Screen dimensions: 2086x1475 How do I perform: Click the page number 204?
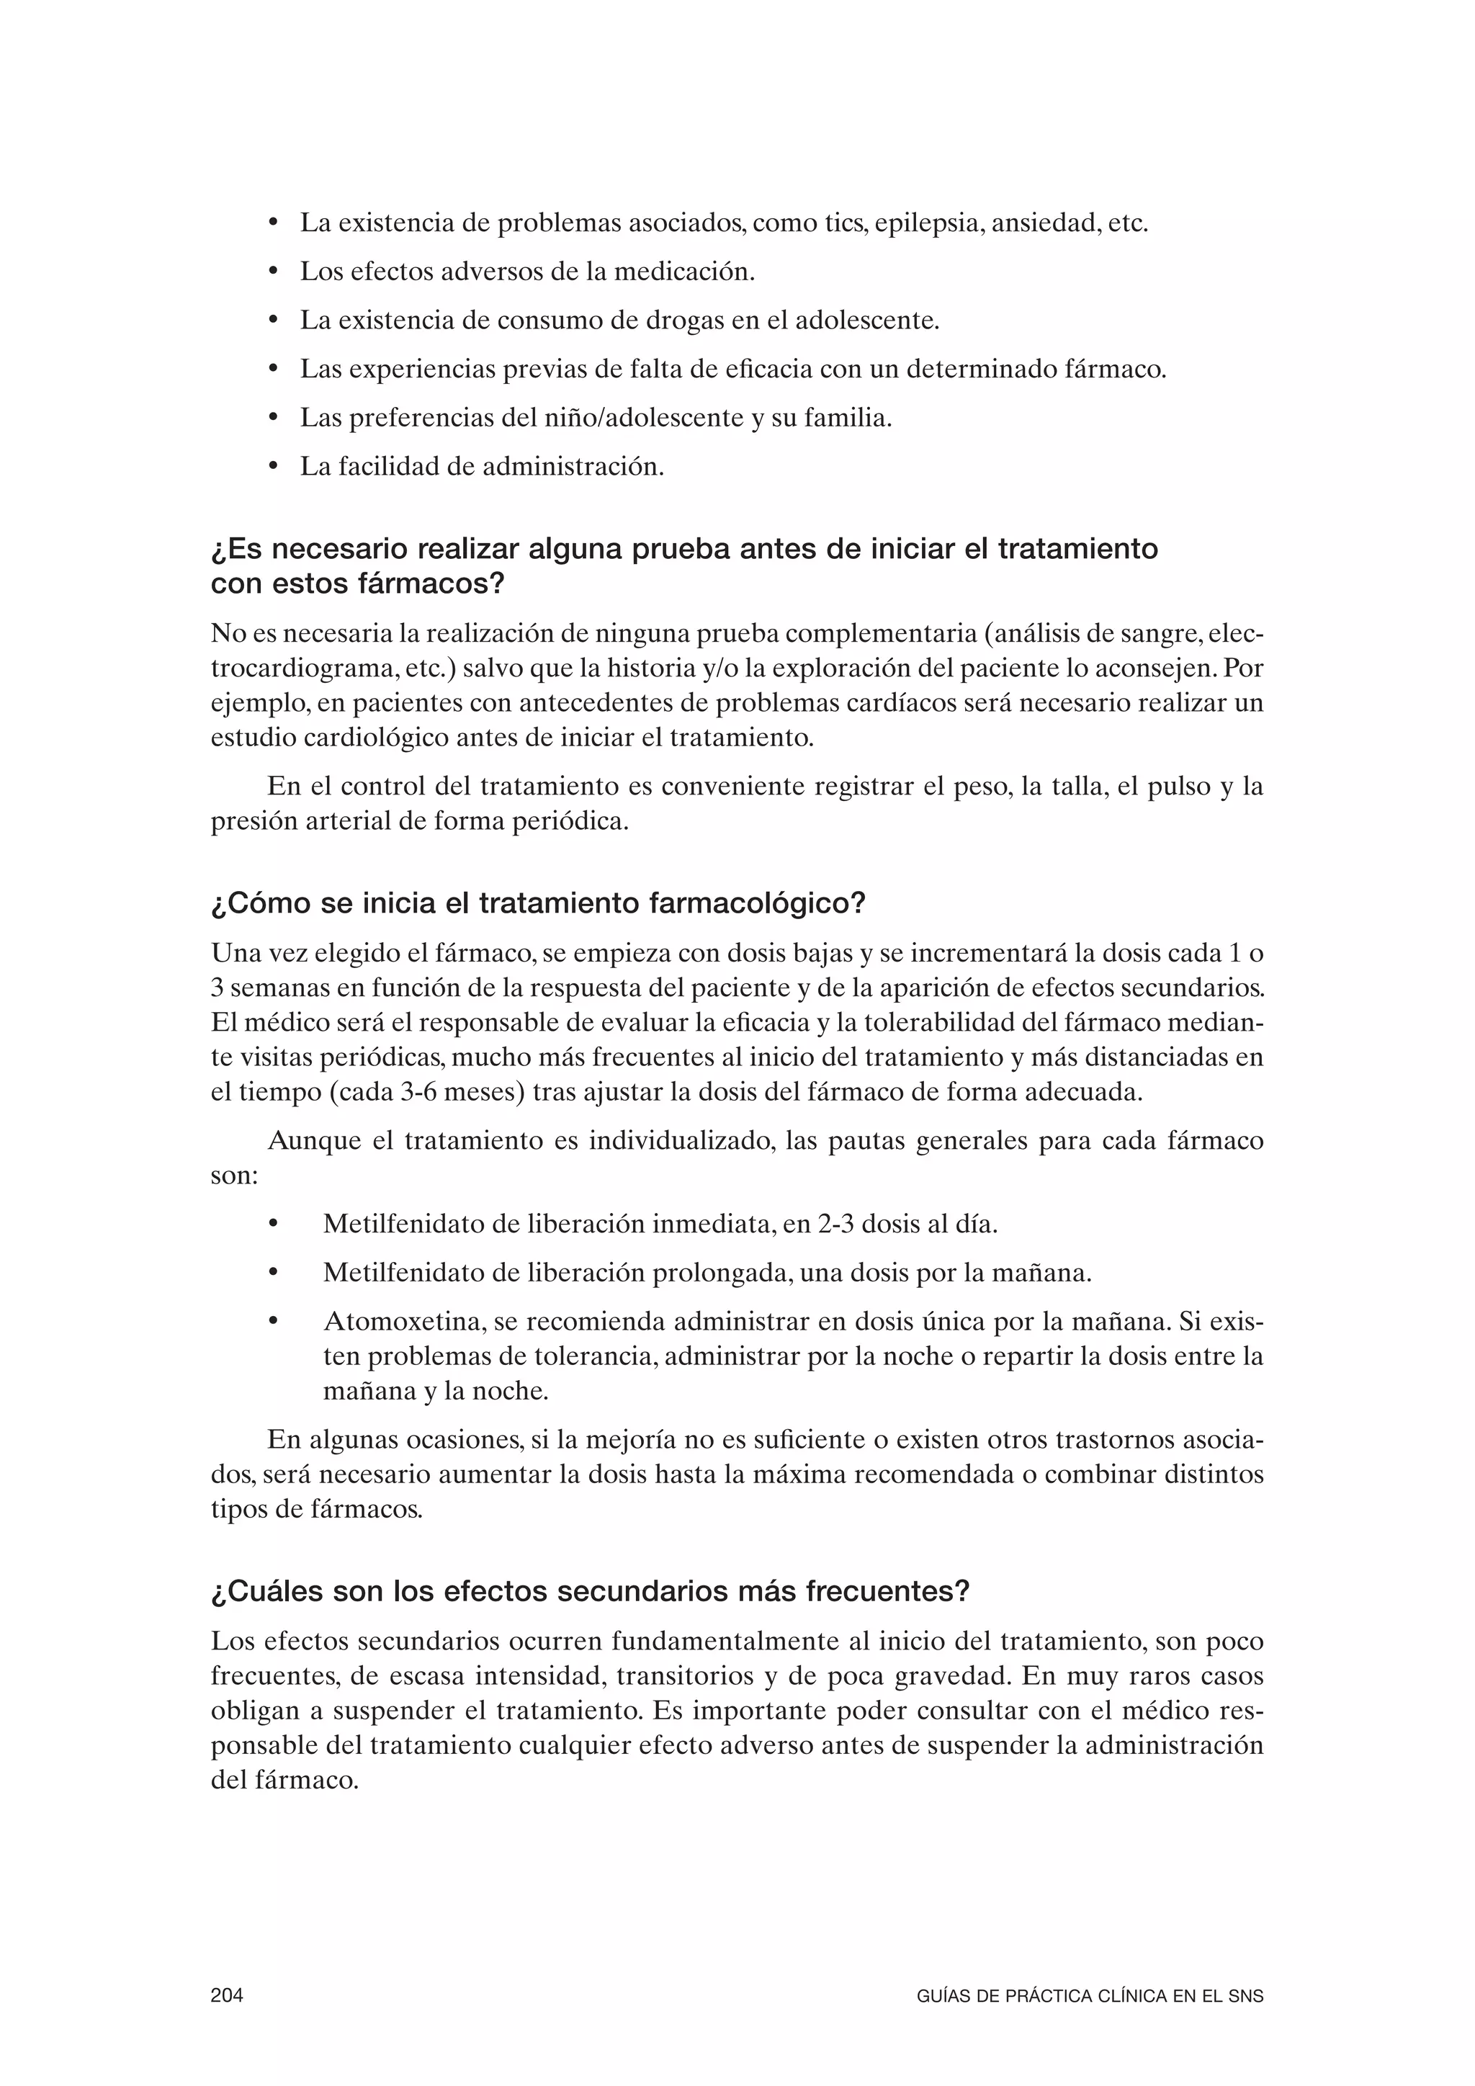[x=227, y=1996]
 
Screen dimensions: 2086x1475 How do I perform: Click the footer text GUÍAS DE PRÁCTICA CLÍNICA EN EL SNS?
[x=1090, y=1997]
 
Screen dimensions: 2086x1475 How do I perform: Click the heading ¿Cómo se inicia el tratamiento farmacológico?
[x=538, y=904]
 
